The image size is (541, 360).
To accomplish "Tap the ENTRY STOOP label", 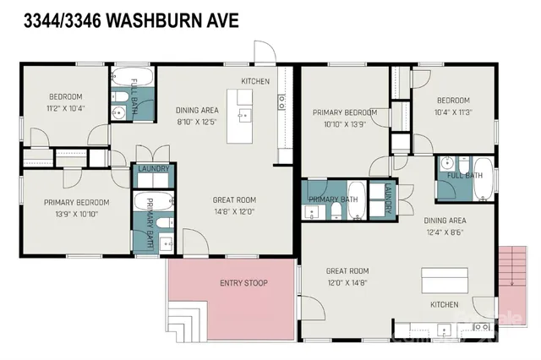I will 243,282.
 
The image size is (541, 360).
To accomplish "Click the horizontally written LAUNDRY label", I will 154,169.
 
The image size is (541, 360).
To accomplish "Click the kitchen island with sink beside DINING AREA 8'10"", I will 246,115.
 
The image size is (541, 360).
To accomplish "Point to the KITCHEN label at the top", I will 254,81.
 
